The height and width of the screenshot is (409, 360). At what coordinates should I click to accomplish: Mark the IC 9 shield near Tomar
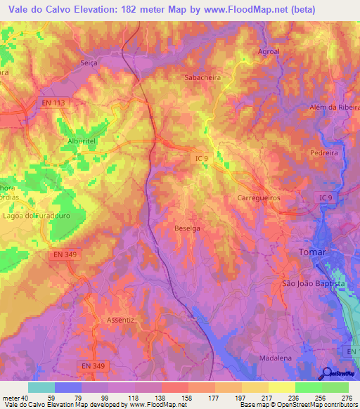tap(323, 198)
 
